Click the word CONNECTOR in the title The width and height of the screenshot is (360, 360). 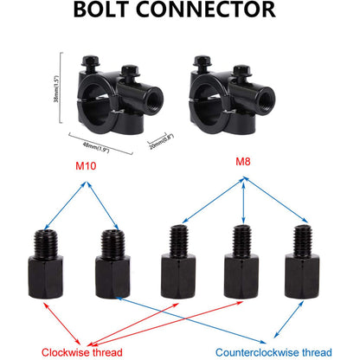point(206,10)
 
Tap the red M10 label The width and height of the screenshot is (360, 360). point(86,166)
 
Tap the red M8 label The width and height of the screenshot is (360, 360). point(243,162)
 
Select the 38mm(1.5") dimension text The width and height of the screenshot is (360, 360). point(56,88)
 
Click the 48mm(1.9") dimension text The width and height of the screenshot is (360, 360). point(96,146)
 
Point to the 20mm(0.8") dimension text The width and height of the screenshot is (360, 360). point(161,142)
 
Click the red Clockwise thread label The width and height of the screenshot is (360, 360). point(82,352)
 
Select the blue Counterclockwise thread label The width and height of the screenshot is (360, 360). point(273,352)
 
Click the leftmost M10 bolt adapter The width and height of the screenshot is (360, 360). point(46,264)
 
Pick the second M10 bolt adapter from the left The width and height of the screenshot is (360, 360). point(112,264)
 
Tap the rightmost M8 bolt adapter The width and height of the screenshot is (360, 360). point(302,261)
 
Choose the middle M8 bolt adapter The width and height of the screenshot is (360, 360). point(241,261)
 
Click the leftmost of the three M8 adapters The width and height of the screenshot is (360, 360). point(178,261)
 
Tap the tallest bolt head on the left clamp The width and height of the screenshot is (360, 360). point(91,61)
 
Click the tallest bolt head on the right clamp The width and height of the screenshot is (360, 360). point(202,61)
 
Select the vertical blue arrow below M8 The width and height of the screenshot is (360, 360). point(244,202)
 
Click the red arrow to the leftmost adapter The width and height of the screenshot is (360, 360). point(62,323)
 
